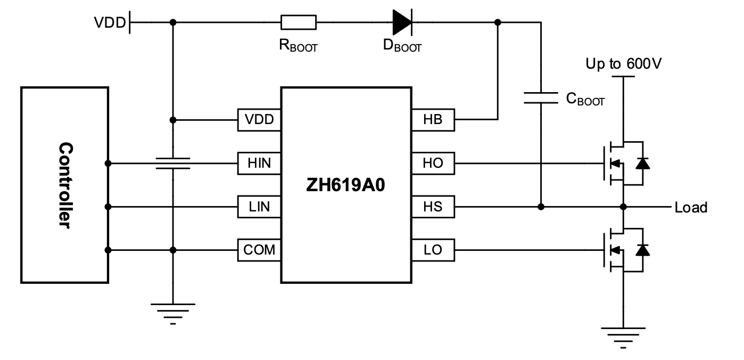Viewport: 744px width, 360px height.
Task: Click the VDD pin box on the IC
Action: click(259, 120)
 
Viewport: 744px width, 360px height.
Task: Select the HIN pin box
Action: click(259, 163)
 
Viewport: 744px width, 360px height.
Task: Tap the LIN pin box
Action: click(259, 206)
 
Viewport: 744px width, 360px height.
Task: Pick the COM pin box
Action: click(259, 249)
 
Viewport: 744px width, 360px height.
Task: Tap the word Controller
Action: click(65, 185)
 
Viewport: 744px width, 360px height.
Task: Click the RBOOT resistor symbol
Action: click(298, 22)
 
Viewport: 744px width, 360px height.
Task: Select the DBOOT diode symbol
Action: click(402, 22)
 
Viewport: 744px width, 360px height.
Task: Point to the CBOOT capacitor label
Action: click(585, 99)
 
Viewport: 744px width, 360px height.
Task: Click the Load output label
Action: click(691, 207)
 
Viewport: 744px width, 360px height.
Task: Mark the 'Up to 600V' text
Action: click(624, 64)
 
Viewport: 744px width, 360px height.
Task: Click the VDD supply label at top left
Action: click(110, 23)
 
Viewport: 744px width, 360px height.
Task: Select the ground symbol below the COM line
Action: click(172, 312)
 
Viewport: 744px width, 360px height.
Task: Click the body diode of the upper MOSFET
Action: click(643, 163)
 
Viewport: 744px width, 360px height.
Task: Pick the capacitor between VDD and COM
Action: click(172, 162)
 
